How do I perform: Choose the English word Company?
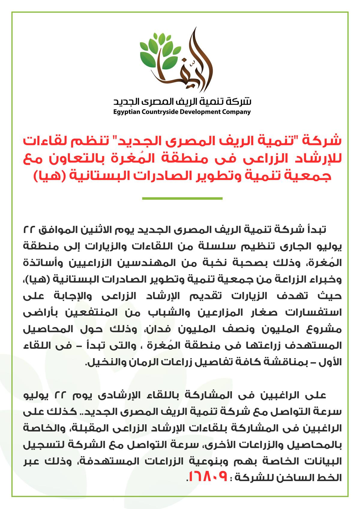pos(236,112)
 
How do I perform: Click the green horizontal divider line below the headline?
pos(182,198)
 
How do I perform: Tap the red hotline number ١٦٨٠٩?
pos(207,476)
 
